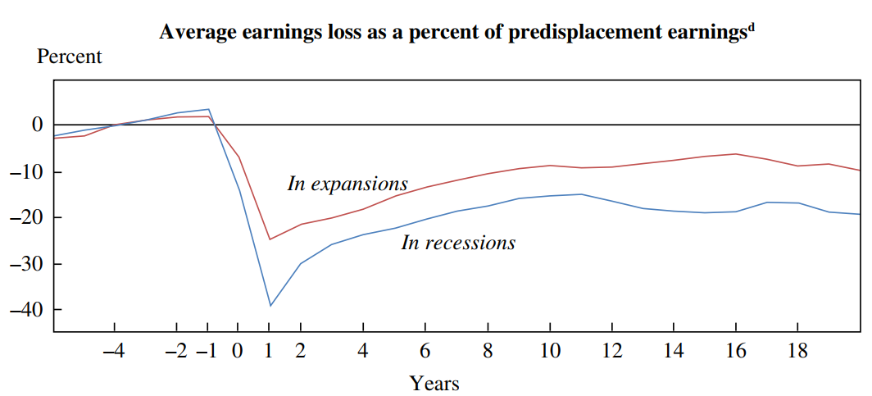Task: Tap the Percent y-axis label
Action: point(70,57)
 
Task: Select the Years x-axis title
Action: point(434,383)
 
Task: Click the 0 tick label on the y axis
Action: point(37,125)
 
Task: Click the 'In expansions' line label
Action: point(347,184)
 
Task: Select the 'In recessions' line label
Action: point(458,243)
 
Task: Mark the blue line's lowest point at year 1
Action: point(269,306)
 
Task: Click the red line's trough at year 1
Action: point(269,239)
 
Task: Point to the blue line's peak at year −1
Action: point(208,109)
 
